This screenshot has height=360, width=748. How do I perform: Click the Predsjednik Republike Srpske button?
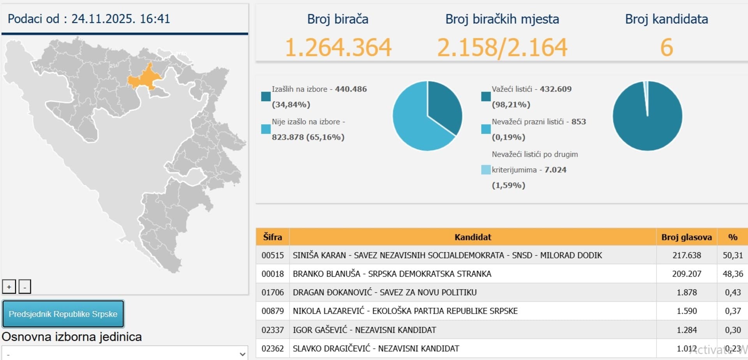click(63, 314)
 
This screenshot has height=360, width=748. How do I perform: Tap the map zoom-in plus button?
click(9, 287)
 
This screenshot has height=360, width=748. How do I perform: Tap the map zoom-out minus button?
click(25, 287)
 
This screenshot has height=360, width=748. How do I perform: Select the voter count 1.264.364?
click(338, 48)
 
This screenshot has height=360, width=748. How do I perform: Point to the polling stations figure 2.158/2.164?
click(502, 48)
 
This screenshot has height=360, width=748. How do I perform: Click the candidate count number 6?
click(666, 48)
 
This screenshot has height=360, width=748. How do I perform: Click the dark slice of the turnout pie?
click(444, 105)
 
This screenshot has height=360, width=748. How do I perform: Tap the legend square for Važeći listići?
click(486, 96)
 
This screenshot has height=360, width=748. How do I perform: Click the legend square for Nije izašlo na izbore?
click(266, 129)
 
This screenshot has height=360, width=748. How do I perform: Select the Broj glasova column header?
click(686, 237)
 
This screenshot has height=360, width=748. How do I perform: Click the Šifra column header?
click(272, 237)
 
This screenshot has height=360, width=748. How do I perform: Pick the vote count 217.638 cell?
click(686, 255)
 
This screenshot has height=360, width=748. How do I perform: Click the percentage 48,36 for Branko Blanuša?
click(732, 274)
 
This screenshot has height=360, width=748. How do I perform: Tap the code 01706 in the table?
click(272, 292)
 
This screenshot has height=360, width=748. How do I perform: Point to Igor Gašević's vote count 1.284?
click(686, 330)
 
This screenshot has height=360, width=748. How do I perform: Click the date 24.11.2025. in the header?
click(103, 19)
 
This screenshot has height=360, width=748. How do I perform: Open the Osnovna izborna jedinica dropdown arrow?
click(242, 354)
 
